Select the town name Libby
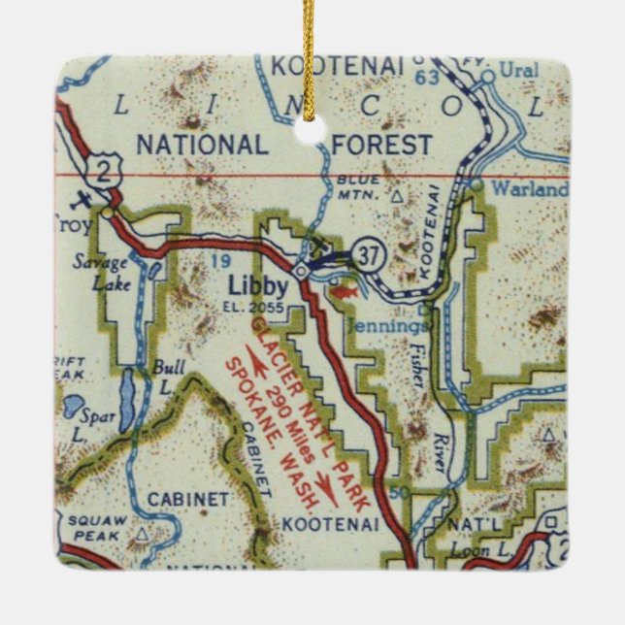coord(256,286)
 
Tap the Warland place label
coord(529,190)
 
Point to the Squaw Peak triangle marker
coord(144,533)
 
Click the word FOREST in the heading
coord(382,146)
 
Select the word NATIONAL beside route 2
coord(201,146)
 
